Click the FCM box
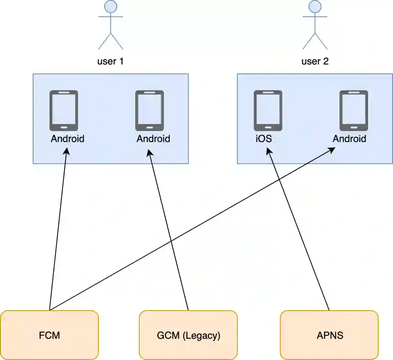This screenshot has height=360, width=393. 49,336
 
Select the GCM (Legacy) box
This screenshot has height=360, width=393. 188,336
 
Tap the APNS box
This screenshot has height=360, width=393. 329,336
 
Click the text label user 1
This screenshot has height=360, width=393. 110,62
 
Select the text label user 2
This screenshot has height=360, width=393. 315,62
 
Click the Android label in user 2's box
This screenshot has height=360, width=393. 349,139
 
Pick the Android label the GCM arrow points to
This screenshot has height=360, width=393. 153,139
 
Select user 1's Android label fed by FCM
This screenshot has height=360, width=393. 67,139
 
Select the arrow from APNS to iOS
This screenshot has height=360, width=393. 298,229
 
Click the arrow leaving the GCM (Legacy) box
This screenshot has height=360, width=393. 168,229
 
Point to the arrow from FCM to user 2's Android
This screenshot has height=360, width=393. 192,229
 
